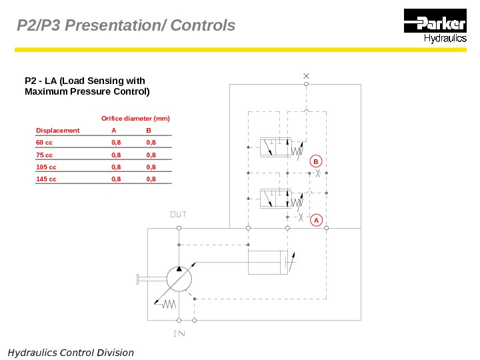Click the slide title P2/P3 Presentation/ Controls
point(126,26)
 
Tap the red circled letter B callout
point(316,161)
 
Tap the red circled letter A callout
point(316,219)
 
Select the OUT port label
point(178,215)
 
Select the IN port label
point(178,333)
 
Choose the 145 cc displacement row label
point(46,179)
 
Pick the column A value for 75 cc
point(116,155)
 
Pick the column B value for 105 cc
point(151,167)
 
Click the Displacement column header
point(57,131)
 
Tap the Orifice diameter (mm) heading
point(135,119)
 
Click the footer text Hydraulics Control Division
point(71,353)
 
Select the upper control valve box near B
point(275,147)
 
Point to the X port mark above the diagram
point(306,75)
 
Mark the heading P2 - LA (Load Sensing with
point(85,81)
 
